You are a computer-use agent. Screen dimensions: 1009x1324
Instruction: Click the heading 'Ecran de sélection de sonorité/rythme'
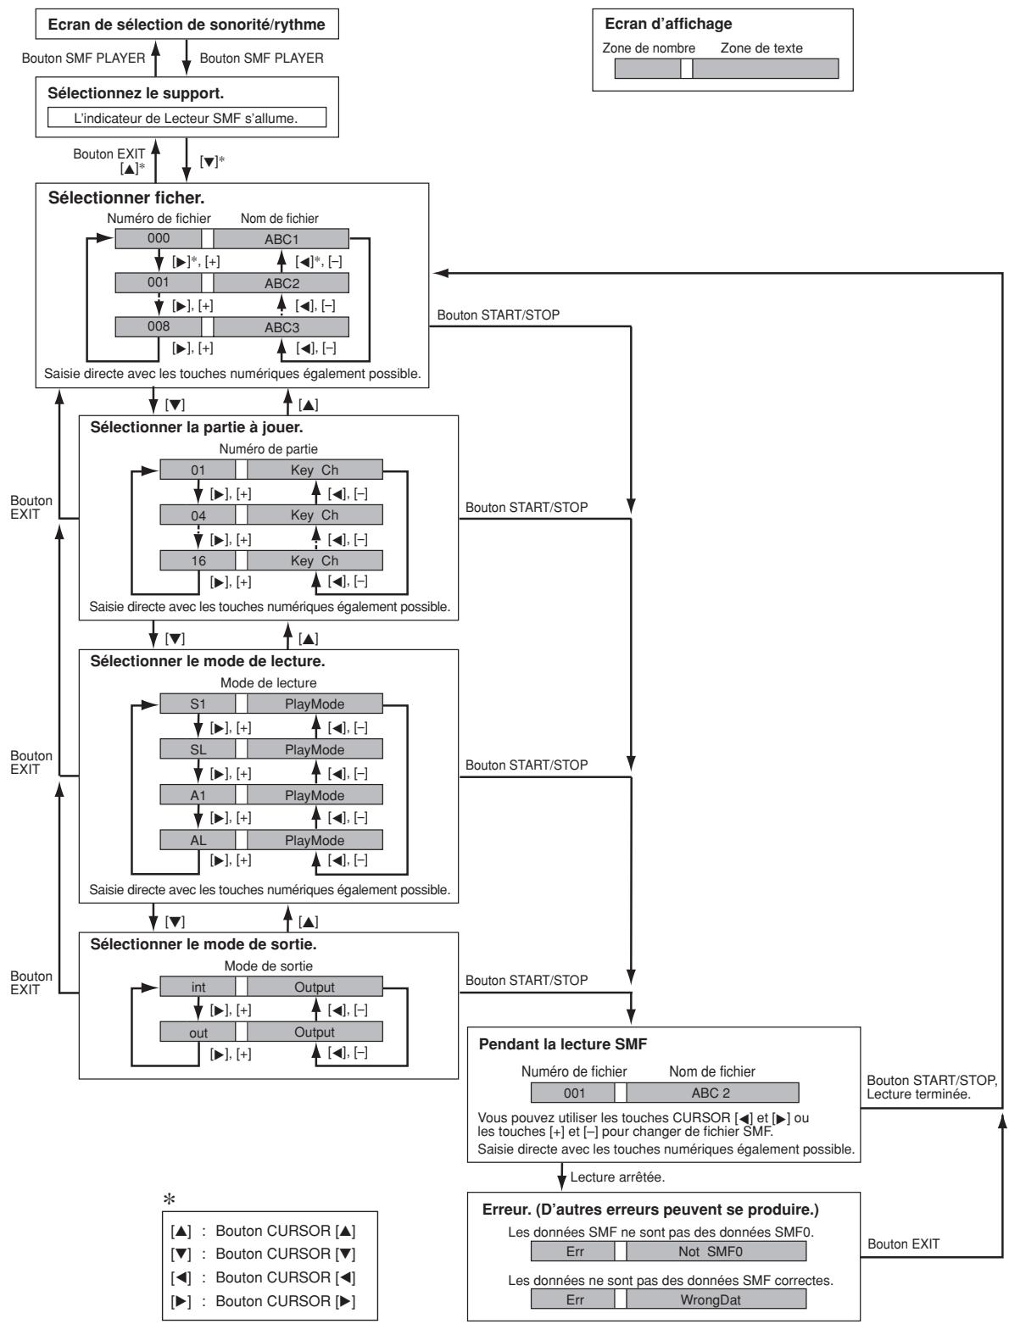(x=187, y=25)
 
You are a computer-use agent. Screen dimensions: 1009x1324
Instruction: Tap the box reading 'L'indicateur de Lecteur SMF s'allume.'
(x=187, y=118)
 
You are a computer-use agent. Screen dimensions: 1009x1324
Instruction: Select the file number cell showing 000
(x=158, y=238)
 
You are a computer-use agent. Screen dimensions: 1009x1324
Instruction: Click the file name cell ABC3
(x=281, y=327)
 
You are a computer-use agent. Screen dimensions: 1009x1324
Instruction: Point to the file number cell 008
(x=158, y=326)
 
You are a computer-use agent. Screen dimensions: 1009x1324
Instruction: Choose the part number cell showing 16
(x=198, y=560)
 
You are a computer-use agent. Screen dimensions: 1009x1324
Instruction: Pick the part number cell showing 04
(x=198, y=515)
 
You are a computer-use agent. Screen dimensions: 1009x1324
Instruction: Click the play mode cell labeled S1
(x=198, y=704)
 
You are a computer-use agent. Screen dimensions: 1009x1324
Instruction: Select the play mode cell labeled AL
(x=198, y=840)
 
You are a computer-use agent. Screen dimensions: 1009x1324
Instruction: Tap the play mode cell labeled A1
(x=198, y=795)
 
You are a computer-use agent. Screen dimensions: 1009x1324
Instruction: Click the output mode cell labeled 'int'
(x=198, y=987)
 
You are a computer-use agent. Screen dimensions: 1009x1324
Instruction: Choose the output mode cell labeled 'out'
(x=198, y=1032)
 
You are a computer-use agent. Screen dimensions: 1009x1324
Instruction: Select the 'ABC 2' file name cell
(x=712, y=1093)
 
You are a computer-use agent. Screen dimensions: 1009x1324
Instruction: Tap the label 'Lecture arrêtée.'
(x=617, y=1177)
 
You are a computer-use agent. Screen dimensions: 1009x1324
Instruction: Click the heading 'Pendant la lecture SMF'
(x=562, y=1044)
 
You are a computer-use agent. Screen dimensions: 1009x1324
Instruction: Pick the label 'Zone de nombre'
(x=649, y=48)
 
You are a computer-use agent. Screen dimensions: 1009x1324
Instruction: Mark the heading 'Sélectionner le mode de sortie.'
(x=203, y=944)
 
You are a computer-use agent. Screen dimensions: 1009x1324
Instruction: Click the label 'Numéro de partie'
(x=268, y=448)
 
